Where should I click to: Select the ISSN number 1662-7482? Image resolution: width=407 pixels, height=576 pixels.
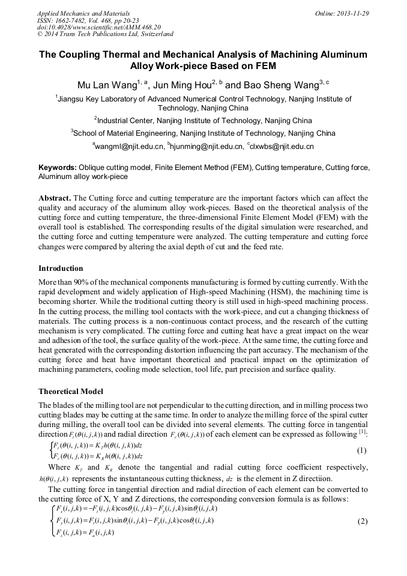[75, 20]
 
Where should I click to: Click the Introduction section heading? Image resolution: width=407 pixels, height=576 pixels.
[61, 268]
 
